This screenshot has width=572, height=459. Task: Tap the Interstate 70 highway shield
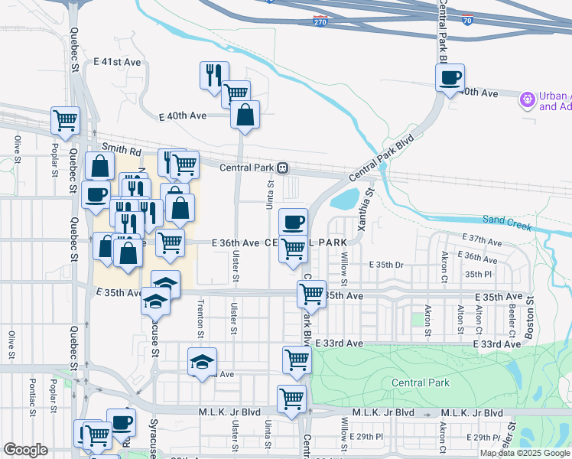tap(467, 22)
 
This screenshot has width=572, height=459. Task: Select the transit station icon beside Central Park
tap(282, 168)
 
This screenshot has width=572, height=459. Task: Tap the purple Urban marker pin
tap(526, 99)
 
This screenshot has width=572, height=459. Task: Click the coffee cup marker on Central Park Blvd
tap(450, 77)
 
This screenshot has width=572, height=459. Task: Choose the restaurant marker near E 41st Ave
tap(213, 75)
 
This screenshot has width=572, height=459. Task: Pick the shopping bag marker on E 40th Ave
tap(245, 116)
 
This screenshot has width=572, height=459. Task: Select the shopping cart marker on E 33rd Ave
tap(297, 360)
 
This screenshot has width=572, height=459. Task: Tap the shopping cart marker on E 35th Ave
tap(311, 293)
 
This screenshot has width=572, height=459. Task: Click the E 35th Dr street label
tap(386, 265)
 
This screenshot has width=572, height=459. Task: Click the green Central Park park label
tap(420, 382)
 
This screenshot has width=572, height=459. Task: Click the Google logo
tap(26, 451)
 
